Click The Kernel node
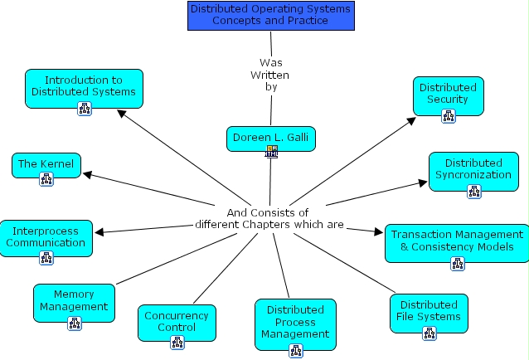(x=46, y=163)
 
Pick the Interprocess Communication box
(x=46, y=236)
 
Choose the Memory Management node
(x=74, y=299)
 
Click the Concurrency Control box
(x=177, y=321)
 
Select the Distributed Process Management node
(x=295, y=322)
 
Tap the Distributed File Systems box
(x=429, y=310)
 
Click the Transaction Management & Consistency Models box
(x=457, y=241)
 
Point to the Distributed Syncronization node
(x=473, y=168)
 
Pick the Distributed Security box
(x=449, y=93)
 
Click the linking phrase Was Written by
(x=270, y=74)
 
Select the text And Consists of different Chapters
(x=268, y=218)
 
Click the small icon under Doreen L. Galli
(x=271, y=151)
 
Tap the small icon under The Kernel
(x=46, y=179)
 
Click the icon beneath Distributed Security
(x=449, y=115)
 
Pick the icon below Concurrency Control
(x=177, y=342)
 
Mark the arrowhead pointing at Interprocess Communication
(x=99, y=232)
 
